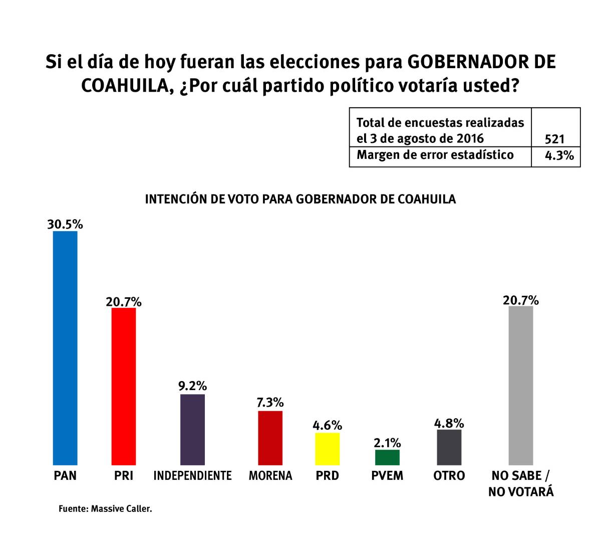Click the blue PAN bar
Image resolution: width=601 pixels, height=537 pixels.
(65, 348)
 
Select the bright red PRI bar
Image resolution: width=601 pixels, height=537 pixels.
(123, 386)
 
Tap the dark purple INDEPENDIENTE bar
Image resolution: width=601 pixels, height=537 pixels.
(192, 430)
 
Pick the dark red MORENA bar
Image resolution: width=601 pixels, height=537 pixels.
(270, 438)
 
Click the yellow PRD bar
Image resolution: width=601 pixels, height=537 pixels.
(327, 449)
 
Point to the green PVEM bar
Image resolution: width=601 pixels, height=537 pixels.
(387, 457)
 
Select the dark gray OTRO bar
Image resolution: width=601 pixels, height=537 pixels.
(449, 447)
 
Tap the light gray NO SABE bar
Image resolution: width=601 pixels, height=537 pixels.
(521, 385)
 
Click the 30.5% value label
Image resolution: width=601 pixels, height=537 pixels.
(65, 224)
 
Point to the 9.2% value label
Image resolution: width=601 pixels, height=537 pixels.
(192, 386)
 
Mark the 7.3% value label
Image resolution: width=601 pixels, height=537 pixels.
(270, 403)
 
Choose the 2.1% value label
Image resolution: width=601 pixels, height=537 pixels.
(387, 443)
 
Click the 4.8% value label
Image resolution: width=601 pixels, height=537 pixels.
(449, 423)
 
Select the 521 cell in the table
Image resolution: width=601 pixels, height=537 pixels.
(554, 139)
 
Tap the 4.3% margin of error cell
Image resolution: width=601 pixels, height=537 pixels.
(559, 155)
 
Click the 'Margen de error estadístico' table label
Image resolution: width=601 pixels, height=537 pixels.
(435, 155)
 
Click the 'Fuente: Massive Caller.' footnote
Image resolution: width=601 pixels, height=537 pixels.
(105, 508)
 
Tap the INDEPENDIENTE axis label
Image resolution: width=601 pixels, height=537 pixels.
(192, 475)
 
